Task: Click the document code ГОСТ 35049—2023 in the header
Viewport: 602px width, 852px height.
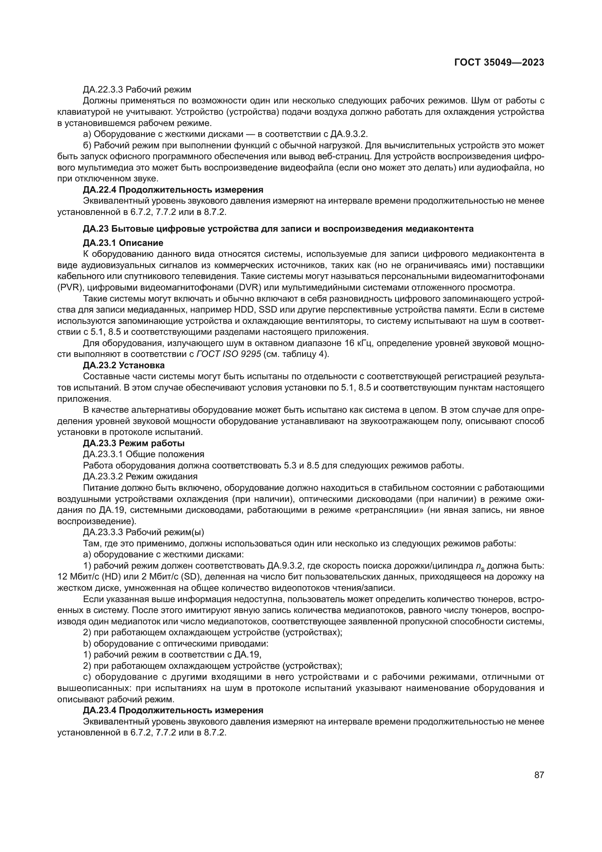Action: (x=499, y=62)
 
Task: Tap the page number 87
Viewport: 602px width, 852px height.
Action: (x=539, y=775)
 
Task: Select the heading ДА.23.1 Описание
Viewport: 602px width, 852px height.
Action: (x=123, y=243)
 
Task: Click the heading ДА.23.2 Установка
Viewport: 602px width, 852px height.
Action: (x=123, y=365)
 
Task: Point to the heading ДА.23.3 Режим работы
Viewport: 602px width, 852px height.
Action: (x=134, y=443)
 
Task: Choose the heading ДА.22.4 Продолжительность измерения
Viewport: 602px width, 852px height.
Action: (x=173, y=190)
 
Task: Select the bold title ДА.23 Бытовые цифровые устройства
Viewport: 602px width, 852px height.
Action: (x=278, y=229)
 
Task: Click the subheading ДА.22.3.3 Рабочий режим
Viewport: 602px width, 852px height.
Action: (x=137, y=90)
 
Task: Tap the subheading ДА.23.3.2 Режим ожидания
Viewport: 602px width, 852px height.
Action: (x=140, y=476)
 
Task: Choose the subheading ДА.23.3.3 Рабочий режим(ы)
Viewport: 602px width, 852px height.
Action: (x=143, y=532)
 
